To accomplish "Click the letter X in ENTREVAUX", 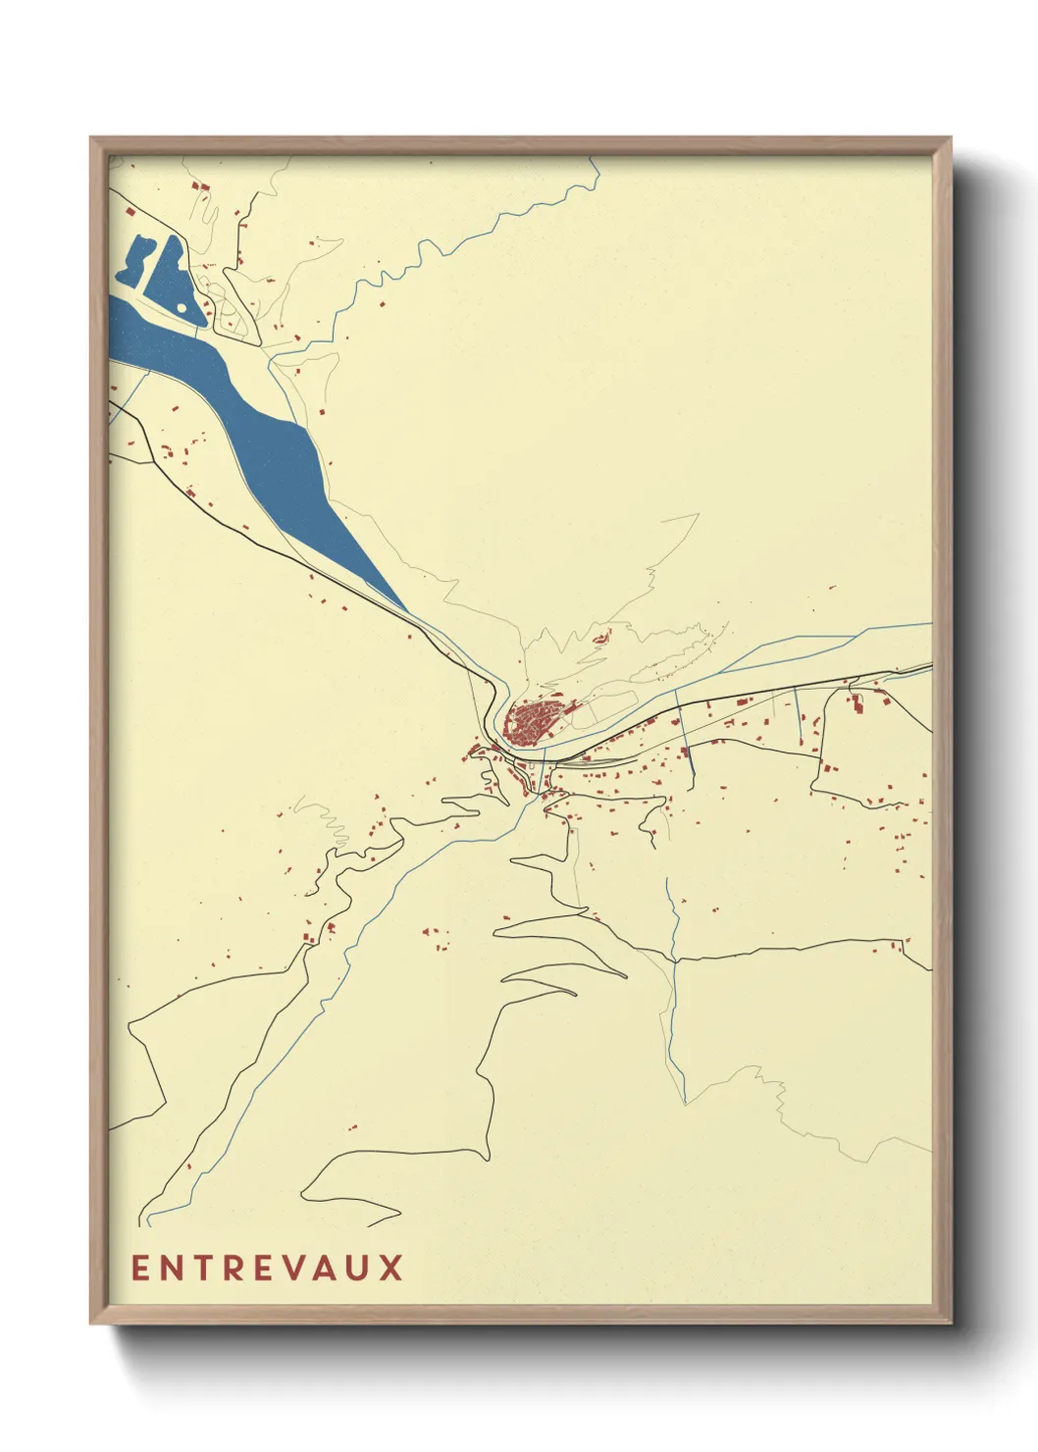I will pyautogui.click(x=391, y=1268).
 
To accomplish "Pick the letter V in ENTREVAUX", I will pyautogui.click(x=293, y=1268).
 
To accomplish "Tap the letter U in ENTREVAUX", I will pyautogui.click(x=359, y=1268).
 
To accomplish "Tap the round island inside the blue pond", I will pyautogui.click(x=182, y=308).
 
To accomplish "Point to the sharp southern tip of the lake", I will pyautogui.click(x=404, y=611).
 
